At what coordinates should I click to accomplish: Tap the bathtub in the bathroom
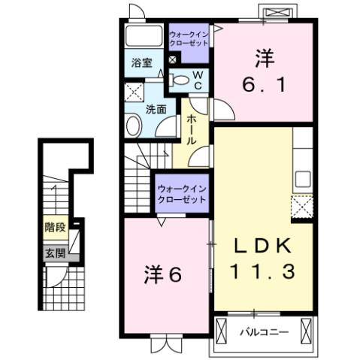click(x=142, y=36)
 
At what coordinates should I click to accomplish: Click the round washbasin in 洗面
click(x=134, y=125)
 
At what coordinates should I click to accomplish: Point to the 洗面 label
click(x=155, y=108)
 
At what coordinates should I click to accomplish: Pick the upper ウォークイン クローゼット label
click(x=189, y=39)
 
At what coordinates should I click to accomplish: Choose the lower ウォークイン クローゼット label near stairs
click(x=180, y=194)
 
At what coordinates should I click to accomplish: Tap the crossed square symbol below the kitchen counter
click(x=302, y=206)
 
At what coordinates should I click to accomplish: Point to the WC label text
click(x=197, y=80)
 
